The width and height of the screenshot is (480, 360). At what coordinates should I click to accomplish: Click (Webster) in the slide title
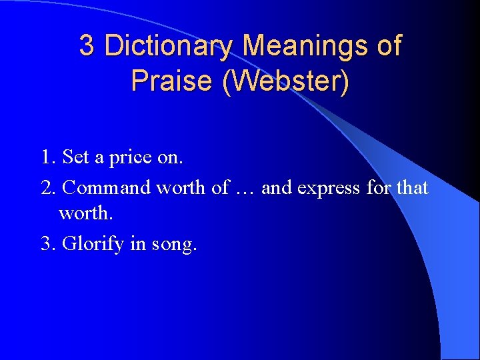287,81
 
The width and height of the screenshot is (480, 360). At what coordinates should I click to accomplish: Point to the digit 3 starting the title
86,46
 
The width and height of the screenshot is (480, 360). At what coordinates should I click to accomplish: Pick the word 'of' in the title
389,46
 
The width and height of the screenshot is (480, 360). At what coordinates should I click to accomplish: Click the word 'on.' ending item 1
171,159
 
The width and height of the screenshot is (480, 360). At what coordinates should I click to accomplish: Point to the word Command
107,188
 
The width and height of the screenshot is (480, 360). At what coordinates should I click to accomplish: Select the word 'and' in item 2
277,188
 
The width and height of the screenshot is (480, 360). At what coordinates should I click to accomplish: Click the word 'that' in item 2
412,188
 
